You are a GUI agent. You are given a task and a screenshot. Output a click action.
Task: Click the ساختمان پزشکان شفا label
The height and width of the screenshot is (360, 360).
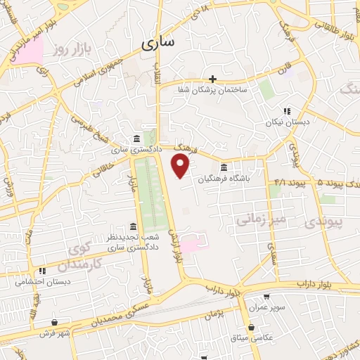tap(212, 89)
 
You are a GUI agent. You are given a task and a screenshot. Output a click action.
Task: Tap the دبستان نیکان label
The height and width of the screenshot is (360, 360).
tap(286, 122)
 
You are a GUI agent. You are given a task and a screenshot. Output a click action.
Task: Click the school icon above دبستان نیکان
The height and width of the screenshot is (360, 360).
tap(286, 111)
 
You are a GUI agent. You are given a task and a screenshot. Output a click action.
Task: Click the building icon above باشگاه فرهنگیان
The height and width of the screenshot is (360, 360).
tap(224, 167)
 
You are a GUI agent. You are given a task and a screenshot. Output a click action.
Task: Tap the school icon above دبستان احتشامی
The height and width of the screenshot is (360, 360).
tap(42, 271)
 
